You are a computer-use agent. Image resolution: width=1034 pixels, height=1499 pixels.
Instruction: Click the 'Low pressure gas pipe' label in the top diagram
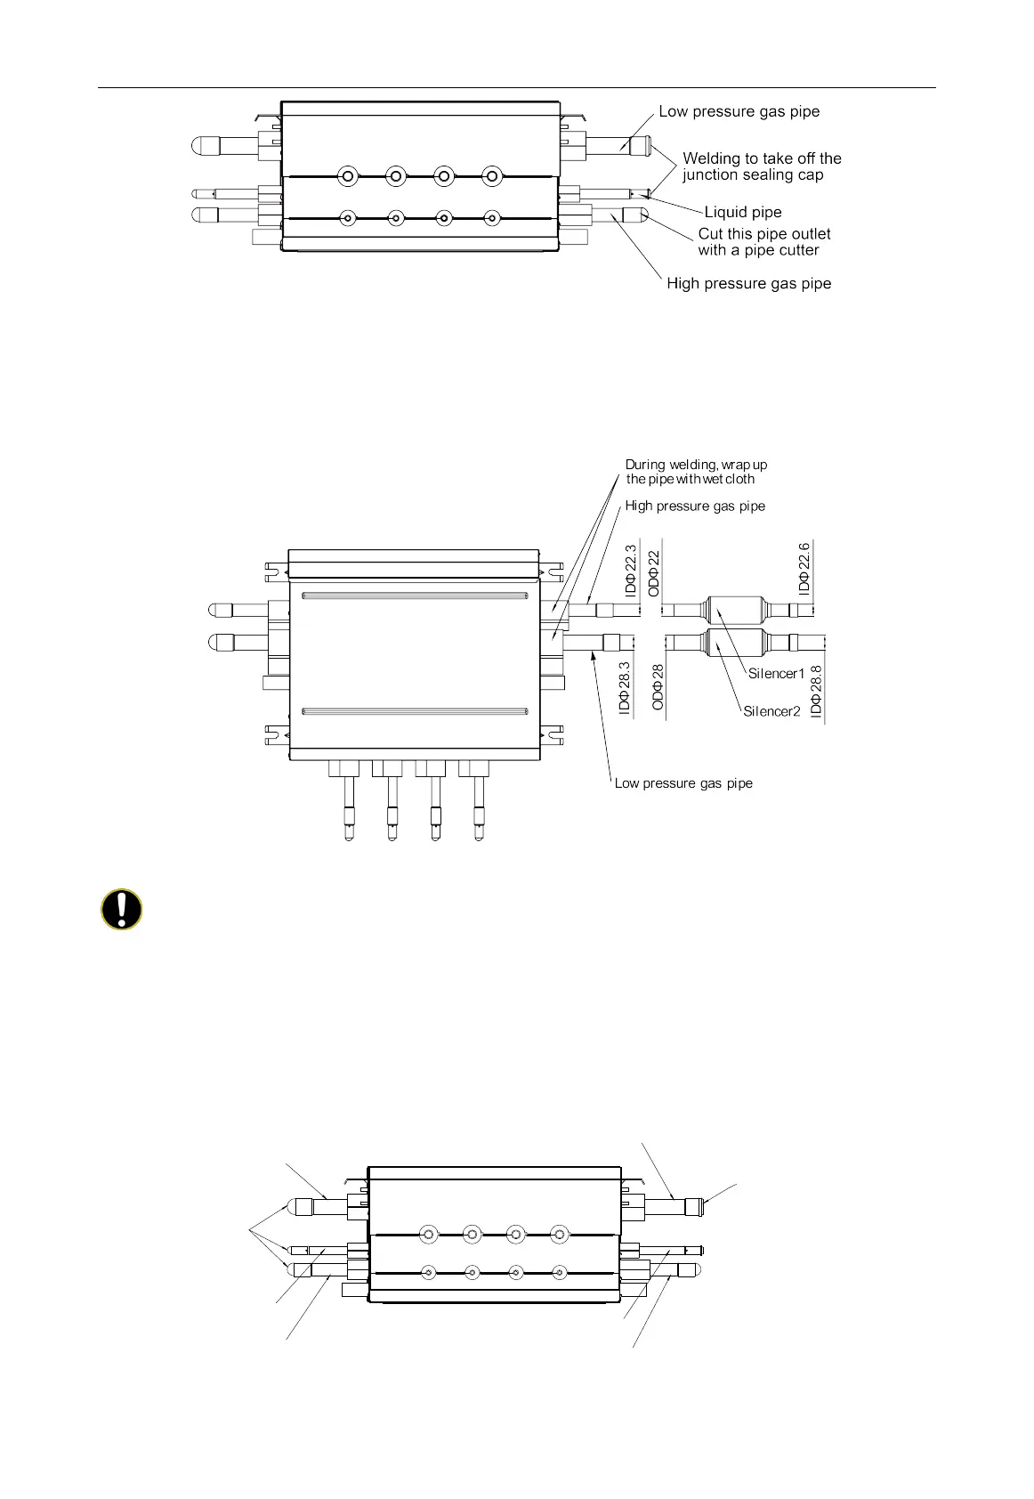(x=739, y=112)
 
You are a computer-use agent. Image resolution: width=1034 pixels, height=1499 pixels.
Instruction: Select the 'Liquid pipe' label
(x=743, y=213)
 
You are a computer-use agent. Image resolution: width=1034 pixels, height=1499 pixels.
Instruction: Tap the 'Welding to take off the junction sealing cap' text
(x=762, y=166)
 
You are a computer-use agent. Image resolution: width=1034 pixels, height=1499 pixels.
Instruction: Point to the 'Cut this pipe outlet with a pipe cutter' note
(x=763, y=242)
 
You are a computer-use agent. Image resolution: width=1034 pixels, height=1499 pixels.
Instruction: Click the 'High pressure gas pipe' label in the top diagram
(x=748, y=284)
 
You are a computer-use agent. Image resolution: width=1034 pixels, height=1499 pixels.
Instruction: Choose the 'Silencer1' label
(x=776, y=674)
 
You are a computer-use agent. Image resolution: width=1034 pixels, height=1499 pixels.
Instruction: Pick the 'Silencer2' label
(x=771, y=711)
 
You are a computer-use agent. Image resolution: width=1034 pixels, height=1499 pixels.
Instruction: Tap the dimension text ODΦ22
(x=654, y=573)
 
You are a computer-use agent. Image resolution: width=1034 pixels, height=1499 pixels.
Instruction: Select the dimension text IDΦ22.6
(x=804, y=568)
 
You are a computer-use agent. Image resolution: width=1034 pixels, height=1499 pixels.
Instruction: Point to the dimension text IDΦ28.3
(x=625, y=688)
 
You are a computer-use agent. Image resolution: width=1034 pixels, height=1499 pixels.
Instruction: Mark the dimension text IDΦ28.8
(x=817, y=693)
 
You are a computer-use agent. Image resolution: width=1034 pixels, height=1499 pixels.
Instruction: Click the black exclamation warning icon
(x=121, y=910)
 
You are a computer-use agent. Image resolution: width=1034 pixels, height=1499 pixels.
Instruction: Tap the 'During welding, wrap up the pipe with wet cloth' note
(x=695, y=472)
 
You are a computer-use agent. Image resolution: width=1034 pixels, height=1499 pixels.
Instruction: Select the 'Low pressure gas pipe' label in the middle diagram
(x=683, y=784)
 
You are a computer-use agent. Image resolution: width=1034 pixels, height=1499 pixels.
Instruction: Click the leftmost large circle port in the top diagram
(x=349, y=176)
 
